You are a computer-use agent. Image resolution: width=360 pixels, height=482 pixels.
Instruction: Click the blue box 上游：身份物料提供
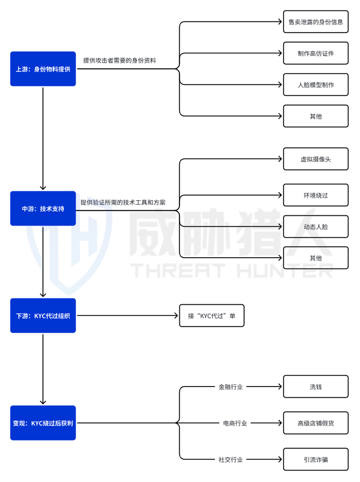click(x=43, y=69)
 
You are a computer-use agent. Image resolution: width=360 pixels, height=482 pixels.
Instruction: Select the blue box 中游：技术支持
click(x=43, y=208)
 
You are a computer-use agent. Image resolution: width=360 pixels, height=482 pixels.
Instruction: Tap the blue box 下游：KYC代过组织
click(x=43, y=316)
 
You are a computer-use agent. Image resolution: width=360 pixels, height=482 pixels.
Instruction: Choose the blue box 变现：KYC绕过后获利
click(x=43, y=423)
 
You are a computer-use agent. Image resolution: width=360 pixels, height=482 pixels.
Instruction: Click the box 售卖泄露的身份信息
click(x=315, y=22)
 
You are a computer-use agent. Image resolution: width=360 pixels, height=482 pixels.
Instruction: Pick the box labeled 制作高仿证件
click(x=315, y=53)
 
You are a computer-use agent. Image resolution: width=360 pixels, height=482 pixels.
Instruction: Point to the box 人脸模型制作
click(x=315, y=85)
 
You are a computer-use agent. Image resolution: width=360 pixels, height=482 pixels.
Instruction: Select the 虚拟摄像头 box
click(x=315, y=159)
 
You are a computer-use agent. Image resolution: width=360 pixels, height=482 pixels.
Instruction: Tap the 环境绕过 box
click(x=315, y=195)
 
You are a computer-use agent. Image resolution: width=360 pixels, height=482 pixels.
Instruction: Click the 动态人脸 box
click(x=315, y=226)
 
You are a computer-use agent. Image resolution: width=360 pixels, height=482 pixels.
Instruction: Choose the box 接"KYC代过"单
click(x=211, y=316)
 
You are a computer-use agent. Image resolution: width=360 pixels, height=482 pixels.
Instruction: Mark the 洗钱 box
click(x=315, y=387)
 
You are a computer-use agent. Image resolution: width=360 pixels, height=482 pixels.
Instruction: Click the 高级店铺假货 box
click(x=315, y=423)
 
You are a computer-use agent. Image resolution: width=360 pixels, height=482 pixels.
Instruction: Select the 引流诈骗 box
click(x=315, y=459)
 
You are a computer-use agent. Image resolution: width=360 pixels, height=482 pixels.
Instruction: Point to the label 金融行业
click(x=231, y=387)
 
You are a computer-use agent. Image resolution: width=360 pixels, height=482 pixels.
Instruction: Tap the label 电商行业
click(x=235, y=423)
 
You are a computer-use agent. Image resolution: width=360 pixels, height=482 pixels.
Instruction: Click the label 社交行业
click(x=231, y=459)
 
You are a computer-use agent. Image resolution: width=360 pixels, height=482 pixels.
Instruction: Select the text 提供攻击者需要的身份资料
click(x=119, y=60)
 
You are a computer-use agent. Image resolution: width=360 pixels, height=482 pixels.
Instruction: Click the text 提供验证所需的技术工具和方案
click(x=123, y=202)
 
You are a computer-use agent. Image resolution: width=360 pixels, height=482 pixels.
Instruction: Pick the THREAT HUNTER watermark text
click(x=232, y=270)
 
